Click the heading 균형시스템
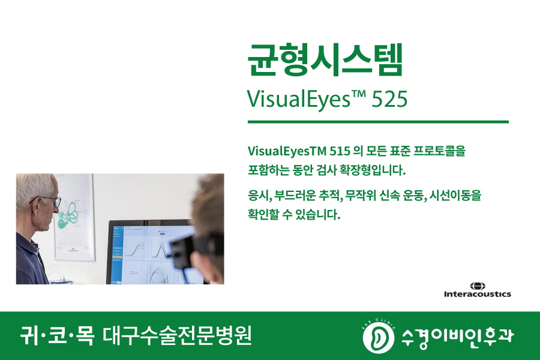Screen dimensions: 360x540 point(325,60)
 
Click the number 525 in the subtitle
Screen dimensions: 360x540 point(389,99)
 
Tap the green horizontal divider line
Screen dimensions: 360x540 point(378,122)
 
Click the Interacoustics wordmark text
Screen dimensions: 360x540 point(477,294)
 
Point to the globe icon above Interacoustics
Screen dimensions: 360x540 point(478,285)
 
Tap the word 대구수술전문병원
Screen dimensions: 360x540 point(178,335)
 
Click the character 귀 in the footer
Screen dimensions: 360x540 point(29,335)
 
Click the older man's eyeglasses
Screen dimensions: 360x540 point(50,200)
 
